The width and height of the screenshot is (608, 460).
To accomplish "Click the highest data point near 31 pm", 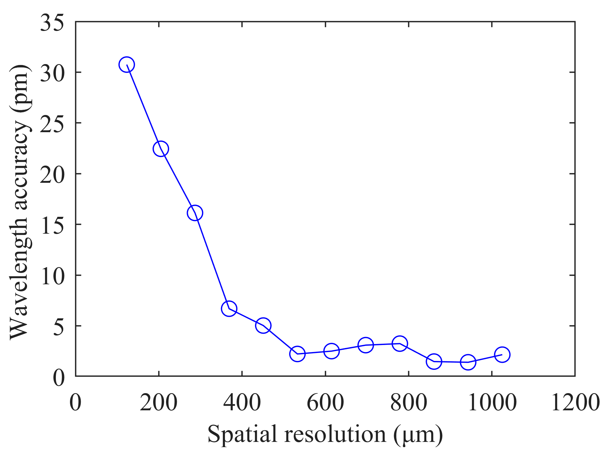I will pos(126,65).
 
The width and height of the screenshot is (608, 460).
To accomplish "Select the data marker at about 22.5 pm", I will pos(161,149).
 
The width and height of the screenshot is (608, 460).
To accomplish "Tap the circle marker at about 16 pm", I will pos(195,213).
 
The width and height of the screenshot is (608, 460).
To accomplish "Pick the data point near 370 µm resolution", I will pos(229,309).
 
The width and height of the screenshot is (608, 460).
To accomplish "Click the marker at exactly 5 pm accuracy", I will pos(263,325).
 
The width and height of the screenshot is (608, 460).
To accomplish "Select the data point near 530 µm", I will pos(297,354).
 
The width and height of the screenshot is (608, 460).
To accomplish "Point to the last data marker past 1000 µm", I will pos(502,355).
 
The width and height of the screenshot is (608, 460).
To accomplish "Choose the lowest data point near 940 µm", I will pos(468,362).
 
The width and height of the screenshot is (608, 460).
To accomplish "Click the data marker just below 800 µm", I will pos(400,343).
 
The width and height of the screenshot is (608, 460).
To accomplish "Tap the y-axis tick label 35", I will pos(52,23).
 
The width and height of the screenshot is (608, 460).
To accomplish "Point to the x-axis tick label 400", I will pos(242,402).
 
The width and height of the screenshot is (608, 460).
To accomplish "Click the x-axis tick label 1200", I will pos(575,402).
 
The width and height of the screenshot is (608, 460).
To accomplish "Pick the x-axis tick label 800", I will pos(409,402).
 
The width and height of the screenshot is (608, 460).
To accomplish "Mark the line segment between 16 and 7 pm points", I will pos(212,261).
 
